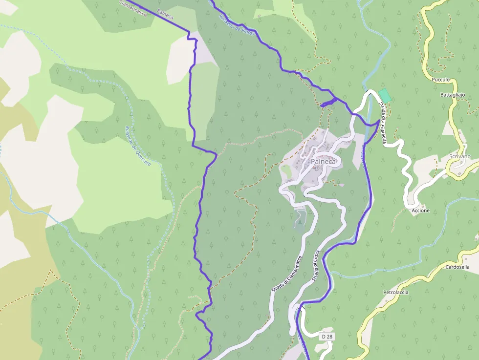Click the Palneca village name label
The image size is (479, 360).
coord(323,162)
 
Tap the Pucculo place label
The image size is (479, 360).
coord(440,79)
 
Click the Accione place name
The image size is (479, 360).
coord(420,211)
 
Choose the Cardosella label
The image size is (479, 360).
coord(457,267)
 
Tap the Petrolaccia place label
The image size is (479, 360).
coord(395,292)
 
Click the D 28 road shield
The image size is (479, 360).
coord(327,337)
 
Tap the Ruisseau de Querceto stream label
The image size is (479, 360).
coord(137,146)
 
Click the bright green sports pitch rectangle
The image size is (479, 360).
coord(385,95)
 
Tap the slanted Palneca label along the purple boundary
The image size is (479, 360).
coord(165,14)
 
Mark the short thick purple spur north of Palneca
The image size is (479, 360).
coord(328,103)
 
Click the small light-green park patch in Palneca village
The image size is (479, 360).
coord(286,172)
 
